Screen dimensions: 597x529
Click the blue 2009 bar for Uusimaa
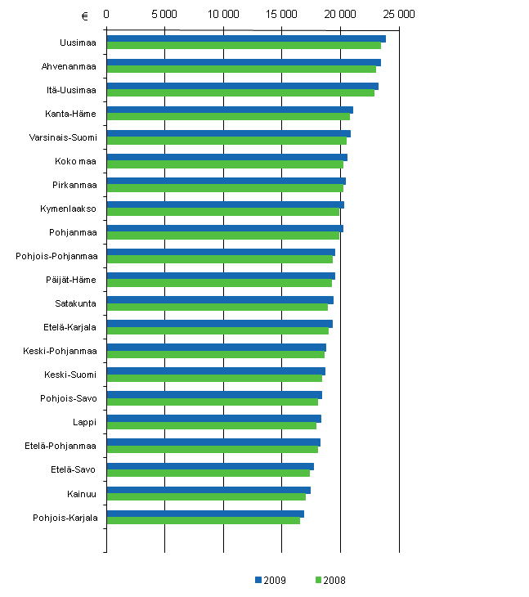(245, 38)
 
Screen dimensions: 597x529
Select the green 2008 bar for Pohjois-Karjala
(203, 521)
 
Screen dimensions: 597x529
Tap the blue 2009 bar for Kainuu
(208, 490)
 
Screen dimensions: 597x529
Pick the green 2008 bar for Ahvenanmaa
(240, 70)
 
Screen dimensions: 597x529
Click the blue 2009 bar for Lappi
(213, 419)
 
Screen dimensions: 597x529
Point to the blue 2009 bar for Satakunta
(219, 300)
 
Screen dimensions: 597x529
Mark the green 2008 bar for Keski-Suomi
(213, 378)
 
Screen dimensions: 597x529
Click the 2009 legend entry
(269, 580)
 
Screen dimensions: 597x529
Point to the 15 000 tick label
(281, 15)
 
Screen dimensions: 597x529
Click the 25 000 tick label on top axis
(398, 15)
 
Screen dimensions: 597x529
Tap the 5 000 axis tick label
(164, 15)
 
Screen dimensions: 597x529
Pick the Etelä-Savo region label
(73, 469)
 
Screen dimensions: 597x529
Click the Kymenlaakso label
(69, 209)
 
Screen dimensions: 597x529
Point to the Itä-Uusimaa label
(69, 90)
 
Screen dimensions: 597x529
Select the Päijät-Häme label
(70, 280)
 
